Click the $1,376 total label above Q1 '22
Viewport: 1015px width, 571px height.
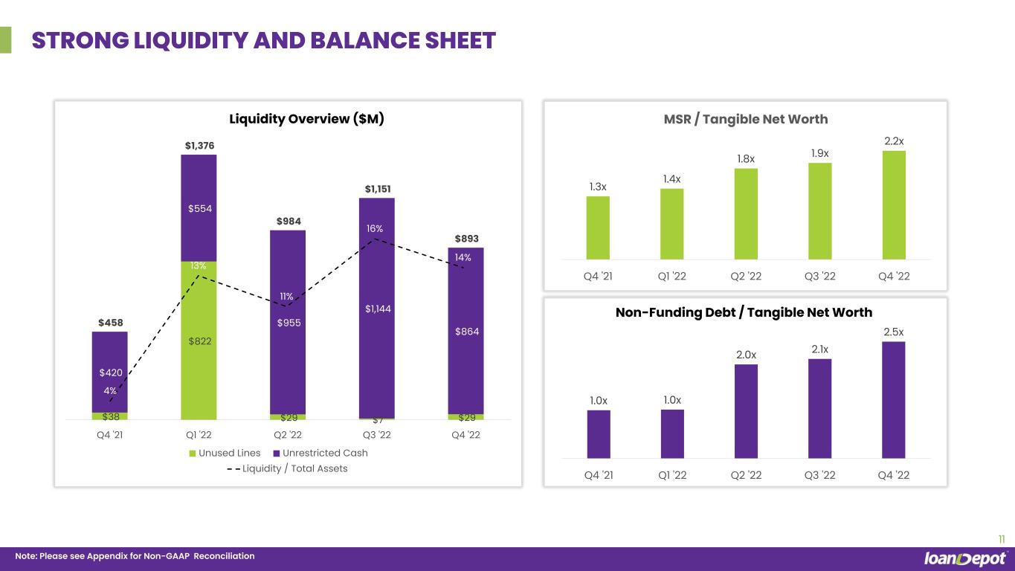coord(199,146)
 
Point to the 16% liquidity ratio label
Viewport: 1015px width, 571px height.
coord(375,229)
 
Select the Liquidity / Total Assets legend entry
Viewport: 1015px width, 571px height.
coord(287,468)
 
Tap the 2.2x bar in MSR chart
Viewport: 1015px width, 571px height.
coord(894,204)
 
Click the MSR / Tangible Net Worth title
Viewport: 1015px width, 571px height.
coord(744,119)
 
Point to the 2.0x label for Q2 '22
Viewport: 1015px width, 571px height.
coord(746,355)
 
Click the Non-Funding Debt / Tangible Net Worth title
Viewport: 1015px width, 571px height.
coord(744,312)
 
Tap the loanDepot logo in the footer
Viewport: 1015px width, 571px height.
coord(965,558)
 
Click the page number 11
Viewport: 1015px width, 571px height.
coord(1001,539)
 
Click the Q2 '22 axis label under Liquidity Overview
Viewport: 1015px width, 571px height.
coord(288,436)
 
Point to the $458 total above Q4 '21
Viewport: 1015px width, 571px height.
coord(110,323)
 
